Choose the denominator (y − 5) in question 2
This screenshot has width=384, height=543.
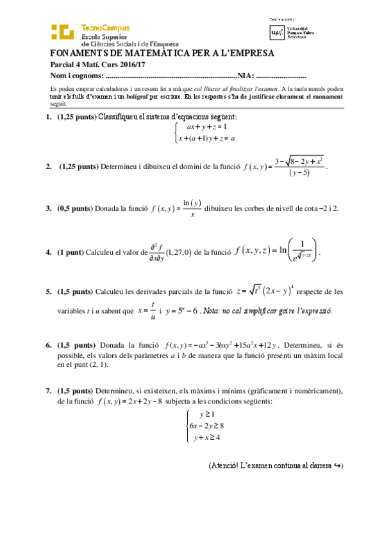coord(300,172)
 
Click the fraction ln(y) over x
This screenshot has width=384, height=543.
coord(192,209)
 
